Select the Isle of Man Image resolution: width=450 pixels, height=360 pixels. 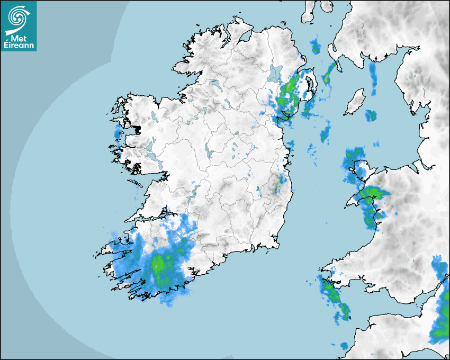(x=355, y=102)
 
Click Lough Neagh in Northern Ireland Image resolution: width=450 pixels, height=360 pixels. (x=275, y=73)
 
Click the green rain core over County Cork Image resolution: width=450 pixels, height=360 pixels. (x=159, y=263)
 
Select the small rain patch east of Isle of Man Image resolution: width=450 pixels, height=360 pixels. (x=371, y=115)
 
